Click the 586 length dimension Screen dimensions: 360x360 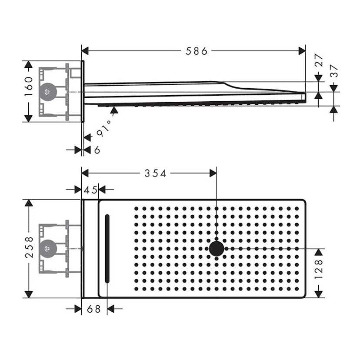[x=197, y=51]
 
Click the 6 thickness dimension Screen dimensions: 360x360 [x=97, y=150]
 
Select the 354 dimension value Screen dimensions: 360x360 [x=155, y=173]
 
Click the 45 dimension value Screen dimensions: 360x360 [x=90, y=190]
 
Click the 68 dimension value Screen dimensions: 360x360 [x=93, y=309]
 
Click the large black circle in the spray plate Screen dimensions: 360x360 [x=216, y=249]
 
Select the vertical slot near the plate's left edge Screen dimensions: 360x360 [x=107, y=249]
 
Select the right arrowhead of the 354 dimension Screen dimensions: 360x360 [x=213, y=173]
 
